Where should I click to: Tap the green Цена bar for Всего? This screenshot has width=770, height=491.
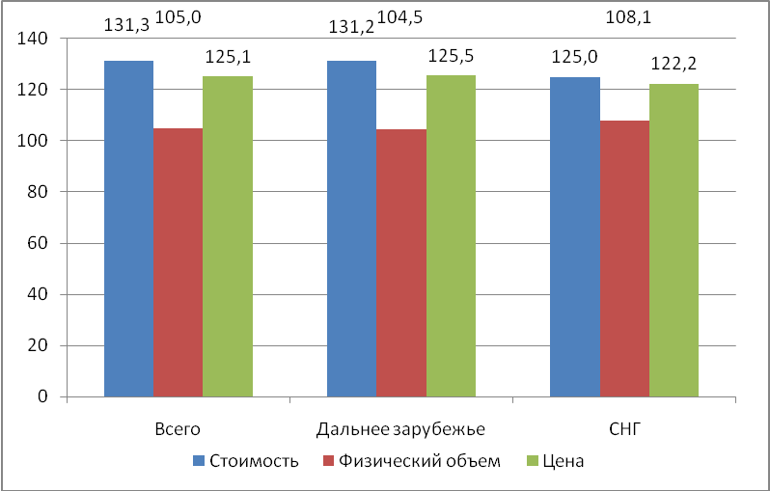(x=228, y=236)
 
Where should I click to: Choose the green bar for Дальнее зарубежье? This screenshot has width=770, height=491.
(x=451, y=236)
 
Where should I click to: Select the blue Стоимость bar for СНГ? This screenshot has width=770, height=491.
(x=574, y=236)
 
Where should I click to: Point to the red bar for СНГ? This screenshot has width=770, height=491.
(x=624, y=259)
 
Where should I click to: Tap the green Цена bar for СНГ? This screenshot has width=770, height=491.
(x=674, y=240)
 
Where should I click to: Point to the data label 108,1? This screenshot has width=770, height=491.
(x=624, y=15)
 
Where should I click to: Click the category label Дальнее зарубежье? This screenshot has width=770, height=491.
(x=400, y=427)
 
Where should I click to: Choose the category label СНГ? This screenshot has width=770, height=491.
(x=623, y=427)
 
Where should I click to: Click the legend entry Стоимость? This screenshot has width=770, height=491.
(x=253, y=461)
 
